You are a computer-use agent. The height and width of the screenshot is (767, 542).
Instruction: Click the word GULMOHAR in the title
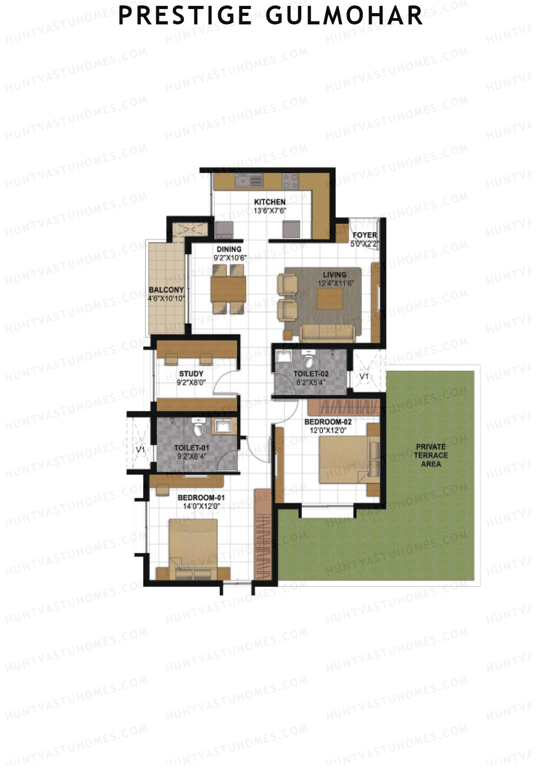pos(344,15)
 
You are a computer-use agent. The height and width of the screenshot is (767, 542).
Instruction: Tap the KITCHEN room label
pos(270,202)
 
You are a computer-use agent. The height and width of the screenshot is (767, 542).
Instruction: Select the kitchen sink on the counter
pos(248,181)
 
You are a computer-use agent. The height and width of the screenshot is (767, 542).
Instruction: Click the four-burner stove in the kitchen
pos(290,181)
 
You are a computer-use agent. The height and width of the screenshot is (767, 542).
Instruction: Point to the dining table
pos(228,289)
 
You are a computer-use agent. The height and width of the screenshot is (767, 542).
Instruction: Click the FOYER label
pos(364,235)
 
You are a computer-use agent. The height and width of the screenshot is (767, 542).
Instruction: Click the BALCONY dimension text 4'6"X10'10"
pos(166,298)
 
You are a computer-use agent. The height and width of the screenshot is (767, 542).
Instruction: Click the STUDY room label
pos(191,374)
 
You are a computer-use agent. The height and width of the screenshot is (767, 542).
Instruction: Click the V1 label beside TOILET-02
pos(364,376)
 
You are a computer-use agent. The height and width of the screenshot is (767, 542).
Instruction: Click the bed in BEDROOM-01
pos(193,548)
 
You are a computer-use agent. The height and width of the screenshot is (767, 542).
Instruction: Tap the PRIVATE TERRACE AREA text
pos(430,455)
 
